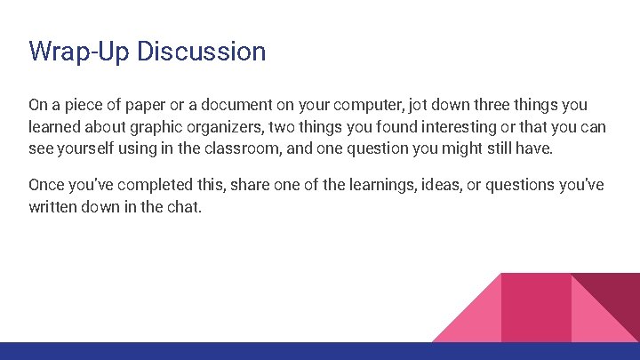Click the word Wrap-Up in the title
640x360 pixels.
pos(75,52)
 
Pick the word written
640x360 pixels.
pos(54,207)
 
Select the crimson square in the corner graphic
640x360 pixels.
pos(536,307)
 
